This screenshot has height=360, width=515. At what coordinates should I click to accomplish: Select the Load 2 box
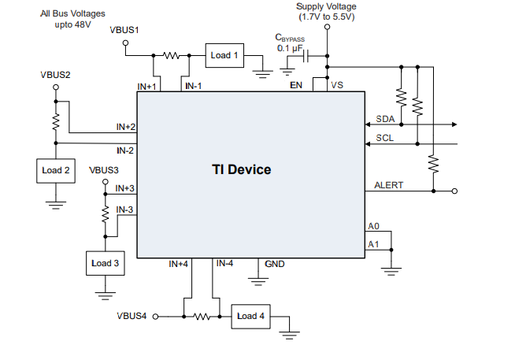[55, 170]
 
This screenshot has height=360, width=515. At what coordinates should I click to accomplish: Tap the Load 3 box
[105, 263]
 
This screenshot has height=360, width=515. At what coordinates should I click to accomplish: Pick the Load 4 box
[251, 317]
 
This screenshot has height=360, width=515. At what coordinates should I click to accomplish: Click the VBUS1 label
[124, 30]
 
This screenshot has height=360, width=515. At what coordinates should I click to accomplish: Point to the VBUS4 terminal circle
[155, 317]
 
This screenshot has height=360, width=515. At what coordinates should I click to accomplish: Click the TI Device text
[241, 169]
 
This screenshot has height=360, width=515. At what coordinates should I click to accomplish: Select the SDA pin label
[384, 119]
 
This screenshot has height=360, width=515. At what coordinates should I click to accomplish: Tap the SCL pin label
[384, 139]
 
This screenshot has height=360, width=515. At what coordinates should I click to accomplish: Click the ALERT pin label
[388, 186]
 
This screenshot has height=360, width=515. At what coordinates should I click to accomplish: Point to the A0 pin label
[373, 227]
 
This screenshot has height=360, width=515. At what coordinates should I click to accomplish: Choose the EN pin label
[296, 85]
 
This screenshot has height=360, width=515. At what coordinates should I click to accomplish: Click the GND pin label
[275, 264]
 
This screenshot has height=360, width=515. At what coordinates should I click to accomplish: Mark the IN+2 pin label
[125, 127]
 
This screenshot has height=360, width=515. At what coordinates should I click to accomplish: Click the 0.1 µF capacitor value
[290, 49]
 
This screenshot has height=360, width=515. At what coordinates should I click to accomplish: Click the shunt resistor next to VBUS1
[172, 56]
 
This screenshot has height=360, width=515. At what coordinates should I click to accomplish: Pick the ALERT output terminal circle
[454, 191]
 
